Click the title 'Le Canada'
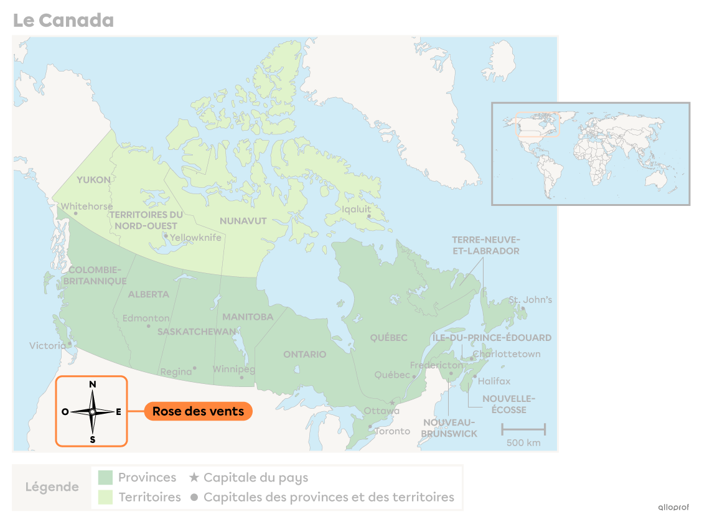(x=63, y=21)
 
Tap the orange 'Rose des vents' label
(x=198, y=411)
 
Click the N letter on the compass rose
(x=93, y=385)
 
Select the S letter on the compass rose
(x=93, y=439)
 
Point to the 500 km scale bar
(x=523, y=429)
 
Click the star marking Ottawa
(x=392, y=403)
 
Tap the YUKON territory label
(x=93, y=180)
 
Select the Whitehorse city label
(x=87, y=207)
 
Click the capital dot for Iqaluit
(x=368, y=217)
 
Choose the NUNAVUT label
(x=243, y=221)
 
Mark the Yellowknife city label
(x=195, y=238)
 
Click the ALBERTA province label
(x=148, y=294)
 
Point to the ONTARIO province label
(x=304, y=355)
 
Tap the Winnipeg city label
(x=233, y=369)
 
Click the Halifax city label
(x=494, y=381)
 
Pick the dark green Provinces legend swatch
(x=105, y=478)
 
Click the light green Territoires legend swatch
(x=105, y=497)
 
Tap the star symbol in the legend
(x=194, y=478)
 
